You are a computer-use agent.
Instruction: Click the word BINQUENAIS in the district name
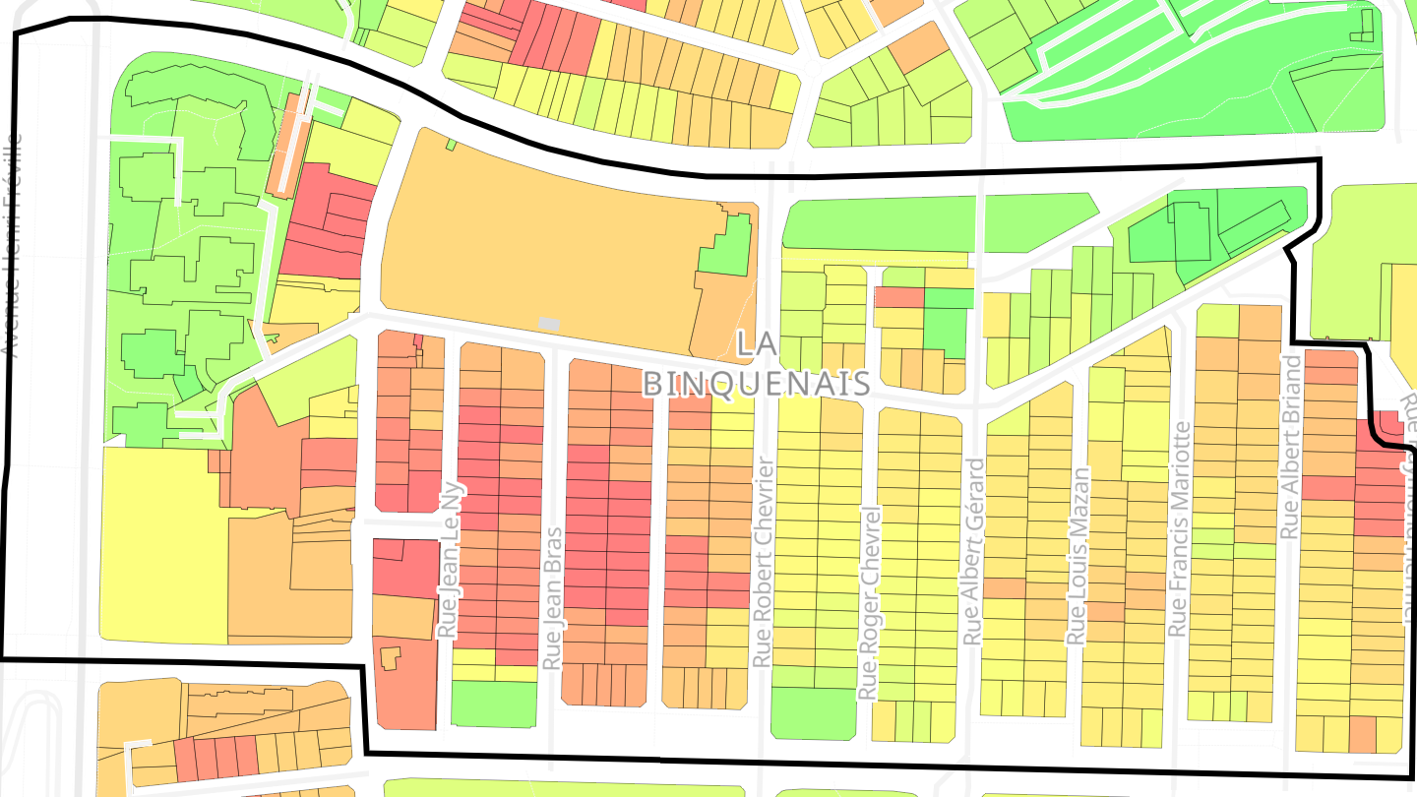[756, 383]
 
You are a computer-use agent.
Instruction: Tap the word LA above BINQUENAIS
[756, 345]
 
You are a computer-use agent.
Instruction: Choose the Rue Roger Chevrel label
[868, 602]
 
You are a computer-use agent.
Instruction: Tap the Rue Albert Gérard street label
[974, 551]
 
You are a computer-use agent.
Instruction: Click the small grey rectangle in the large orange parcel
[549, 323]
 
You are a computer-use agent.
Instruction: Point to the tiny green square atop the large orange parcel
[452, 145]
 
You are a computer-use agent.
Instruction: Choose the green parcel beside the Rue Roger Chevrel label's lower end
[813, 712]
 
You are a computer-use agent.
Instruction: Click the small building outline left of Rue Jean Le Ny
[391, 658]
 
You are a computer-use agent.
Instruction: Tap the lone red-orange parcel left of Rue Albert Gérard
[899, 297]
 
